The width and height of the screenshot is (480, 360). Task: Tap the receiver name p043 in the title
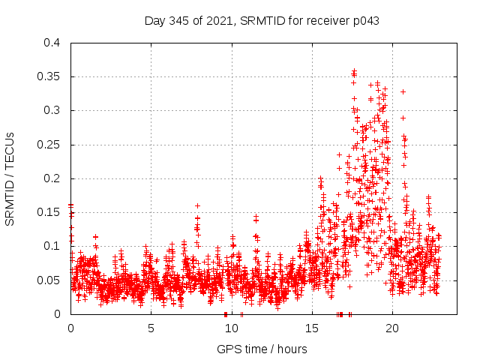pyautogui.click(x=363, y=21)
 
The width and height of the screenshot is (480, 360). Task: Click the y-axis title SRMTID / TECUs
pyautogui.click(x=10, y=178)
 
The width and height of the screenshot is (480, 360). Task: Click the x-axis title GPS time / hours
pyautogui.click(x=262, y=349)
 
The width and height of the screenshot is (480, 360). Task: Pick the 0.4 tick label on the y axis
pyautogui.click(x=52, y=43)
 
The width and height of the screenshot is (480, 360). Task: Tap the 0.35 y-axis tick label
pyautogui.click(x=49, y=76)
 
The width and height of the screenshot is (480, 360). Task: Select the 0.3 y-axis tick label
pyautogui.click(x=52, y=110)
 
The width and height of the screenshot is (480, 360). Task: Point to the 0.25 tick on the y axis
pyautogui.click(x=49, y=144)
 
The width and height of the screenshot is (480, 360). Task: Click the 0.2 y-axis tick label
pyautogui.click(x=52, y=178)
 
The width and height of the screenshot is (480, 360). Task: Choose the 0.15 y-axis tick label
pyautogui.click(x=49, y=212)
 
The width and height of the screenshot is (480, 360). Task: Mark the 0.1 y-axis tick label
pyautogui.click(x=52, y=246)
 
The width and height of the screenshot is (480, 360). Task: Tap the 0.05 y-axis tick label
pyautogui.click(x=49, y=280)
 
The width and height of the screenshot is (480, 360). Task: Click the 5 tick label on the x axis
pyautogui.click(x=151, y=328)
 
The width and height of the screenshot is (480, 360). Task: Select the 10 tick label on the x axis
pyautogui.click(x=231, y=328)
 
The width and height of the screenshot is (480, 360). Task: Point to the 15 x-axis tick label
pyautogui.click(x=311, y=328)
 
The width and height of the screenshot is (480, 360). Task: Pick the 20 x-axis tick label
pyautogui.click(x=391, y=328)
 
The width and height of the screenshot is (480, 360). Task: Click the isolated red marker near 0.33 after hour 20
pyautogui.click(x=403, y=91)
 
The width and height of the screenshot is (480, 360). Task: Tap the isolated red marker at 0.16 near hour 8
pyautogui.click(x=197, y=205)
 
